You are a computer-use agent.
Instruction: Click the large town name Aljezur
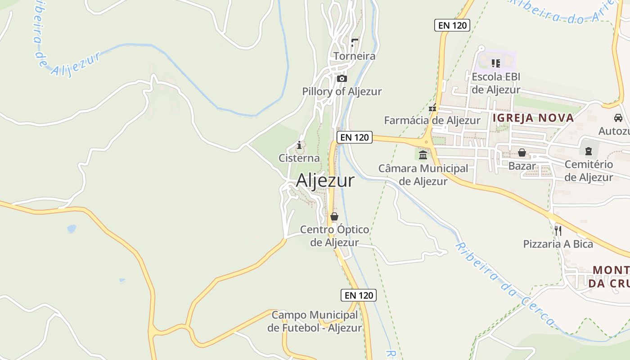click(x=325, y=180)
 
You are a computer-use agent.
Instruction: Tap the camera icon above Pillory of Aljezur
click(x=342, y=79)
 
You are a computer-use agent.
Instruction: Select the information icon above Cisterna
click(x=299, y=145)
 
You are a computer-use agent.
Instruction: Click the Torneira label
click(x=354, y=56)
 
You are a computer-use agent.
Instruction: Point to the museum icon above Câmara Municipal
click(x=423, y=155)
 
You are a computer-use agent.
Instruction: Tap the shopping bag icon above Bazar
click(x=522, y=153)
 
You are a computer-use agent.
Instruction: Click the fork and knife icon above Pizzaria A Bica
click(x=558, y=230)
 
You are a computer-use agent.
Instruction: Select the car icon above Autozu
click(x=618, y=118)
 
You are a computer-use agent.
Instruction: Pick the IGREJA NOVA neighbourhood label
click(x=533, y=118)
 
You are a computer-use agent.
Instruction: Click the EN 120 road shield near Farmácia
click(x=452, y=25)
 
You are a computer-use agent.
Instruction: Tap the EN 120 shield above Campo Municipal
click(x=358, y=295)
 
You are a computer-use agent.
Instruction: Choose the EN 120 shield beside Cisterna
click(x=355, y=137)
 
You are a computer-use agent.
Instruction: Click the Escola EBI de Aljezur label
click(x=496, y=83)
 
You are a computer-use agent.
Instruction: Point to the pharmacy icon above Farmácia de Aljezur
click(x=432, y=108)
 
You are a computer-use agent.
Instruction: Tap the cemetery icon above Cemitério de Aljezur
click(x=588, y=151)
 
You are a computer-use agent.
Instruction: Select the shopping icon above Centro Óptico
click(x=334, y=216)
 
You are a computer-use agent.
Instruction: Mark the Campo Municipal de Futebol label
click(x=315, y=321)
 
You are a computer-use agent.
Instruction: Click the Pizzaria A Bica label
click(x=558, y=244)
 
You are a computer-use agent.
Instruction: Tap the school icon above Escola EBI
click(x=496, y=63)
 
